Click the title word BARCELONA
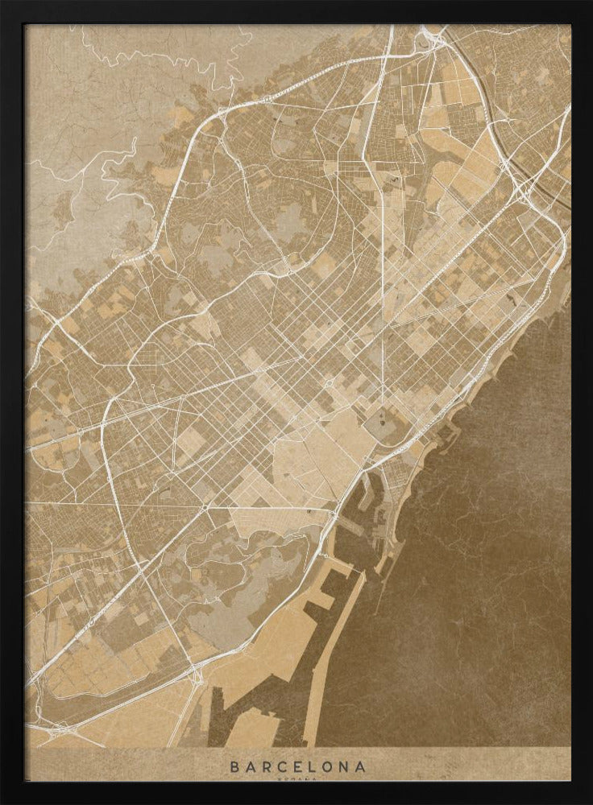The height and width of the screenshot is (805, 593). (x=297, y=766)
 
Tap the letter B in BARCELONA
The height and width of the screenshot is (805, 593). (x=234, y=766)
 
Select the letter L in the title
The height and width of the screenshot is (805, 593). (x=312, y=766)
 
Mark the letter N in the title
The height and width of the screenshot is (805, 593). (x=344, y=766)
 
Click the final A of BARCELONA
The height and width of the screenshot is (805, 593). (x=360, y=766)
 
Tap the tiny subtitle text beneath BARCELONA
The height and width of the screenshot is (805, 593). (x=297, y=778)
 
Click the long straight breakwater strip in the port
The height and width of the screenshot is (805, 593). (x=338, y=644)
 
